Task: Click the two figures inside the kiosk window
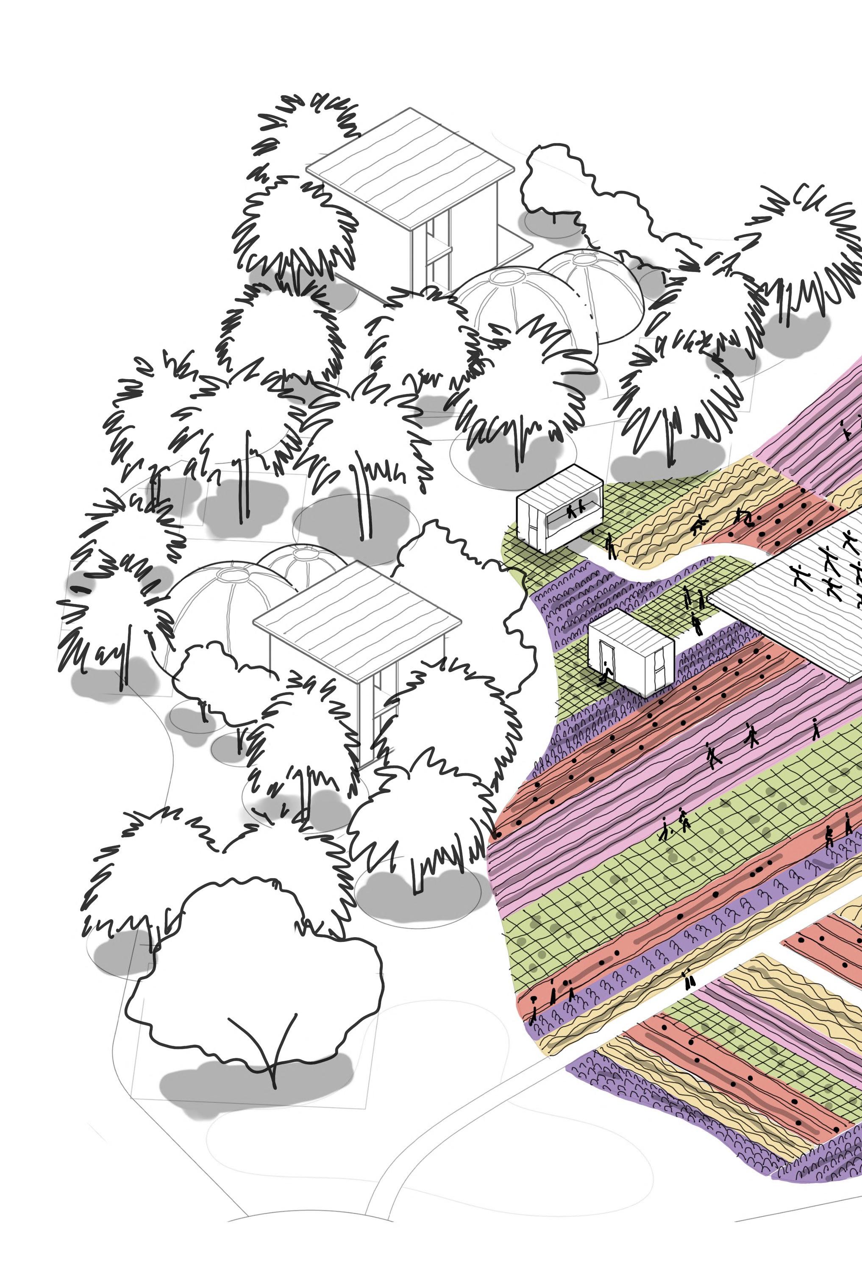[574, 511]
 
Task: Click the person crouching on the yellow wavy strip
[698, 526]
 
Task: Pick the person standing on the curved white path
[610, 545]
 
